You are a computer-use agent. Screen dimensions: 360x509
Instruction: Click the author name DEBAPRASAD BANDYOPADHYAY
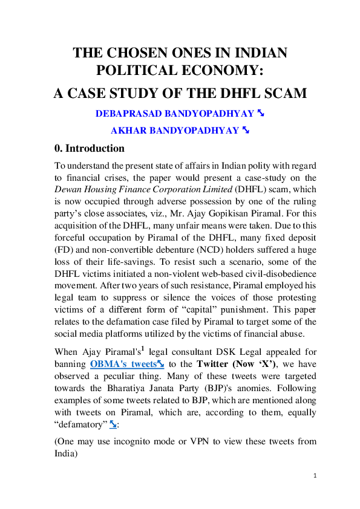(x=168, y=113)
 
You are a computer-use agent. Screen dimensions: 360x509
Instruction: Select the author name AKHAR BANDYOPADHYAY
(x=174, y=130)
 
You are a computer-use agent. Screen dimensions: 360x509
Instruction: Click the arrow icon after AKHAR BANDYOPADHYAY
(x=246, y=129)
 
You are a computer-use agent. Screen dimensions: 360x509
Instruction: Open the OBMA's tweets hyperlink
(x=123, y=363)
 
